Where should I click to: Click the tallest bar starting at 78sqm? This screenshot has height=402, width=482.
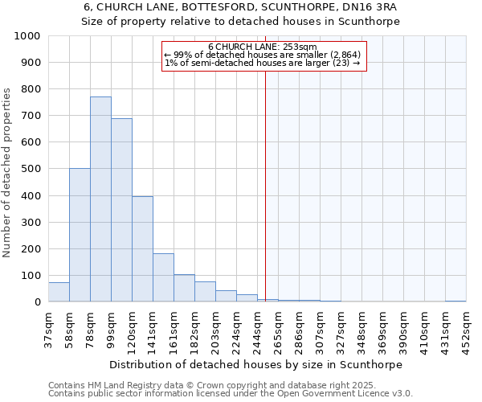100,199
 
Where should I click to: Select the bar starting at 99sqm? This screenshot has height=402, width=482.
121,211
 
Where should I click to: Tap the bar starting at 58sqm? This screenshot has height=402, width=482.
80,235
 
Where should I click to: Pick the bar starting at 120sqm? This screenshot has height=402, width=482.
142,249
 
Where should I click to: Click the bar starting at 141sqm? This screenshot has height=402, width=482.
163,277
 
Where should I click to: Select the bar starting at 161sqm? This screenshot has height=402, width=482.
184,288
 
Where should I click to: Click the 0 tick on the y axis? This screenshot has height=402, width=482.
38,302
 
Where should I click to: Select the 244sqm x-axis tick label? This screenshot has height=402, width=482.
257,330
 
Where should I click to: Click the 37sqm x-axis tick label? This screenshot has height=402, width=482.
48,330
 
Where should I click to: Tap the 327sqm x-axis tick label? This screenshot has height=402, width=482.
341,330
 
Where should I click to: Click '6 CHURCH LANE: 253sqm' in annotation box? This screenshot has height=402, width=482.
263,47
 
